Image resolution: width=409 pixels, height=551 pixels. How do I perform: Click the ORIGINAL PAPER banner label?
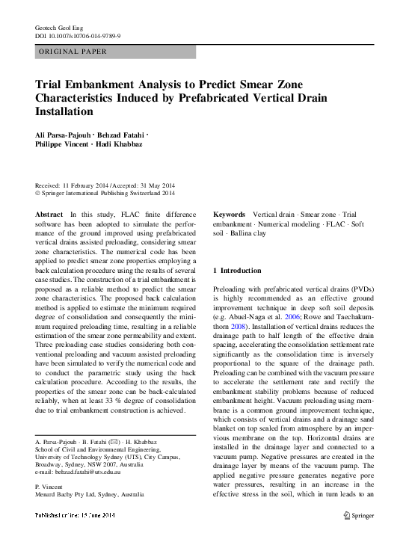point(73,52)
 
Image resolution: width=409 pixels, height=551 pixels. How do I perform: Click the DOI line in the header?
point(78,35)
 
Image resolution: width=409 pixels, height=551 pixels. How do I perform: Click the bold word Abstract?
point(49,215)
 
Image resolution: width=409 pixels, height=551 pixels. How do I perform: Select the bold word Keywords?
point(229,215)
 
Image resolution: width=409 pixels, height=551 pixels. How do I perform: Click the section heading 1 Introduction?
point(238,270)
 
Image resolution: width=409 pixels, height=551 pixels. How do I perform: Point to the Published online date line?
point(75,516)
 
